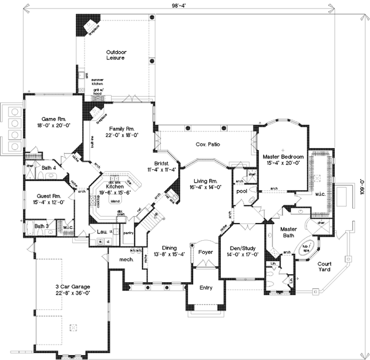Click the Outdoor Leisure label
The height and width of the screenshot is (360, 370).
click(x=115, y=56)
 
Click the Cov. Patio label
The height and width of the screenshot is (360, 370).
click(x=208, y=145)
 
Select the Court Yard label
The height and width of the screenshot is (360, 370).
click(x=327, y=266)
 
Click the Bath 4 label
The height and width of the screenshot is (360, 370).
click(x=49, y=167)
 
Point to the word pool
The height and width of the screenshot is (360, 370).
click(x=241, y=192)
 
